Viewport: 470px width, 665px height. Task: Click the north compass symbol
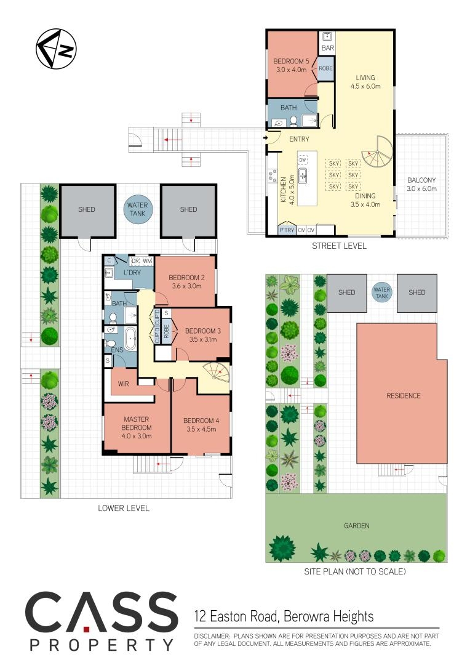(57, 49)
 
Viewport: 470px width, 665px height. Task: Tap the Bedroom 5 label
(291, 61)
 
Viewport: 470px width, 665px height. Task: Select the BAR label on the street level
(328, 48)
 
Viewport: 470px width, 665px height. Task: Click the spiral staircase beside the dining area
(376, 153)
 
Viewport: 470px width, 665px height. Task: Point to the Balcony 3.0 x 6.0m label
(421, 185)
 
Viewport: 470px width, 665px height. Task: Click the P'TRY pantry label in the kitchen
(287, 230)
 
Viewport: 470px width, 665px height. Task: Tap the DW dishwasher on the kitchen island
(303, 160)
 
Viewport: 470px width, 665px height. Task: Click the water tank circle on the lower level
(138, 209)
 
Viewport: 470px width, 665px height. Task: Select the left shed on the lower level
(87, 211)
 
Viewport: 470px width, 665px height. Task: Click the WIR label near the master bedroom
(123, 384)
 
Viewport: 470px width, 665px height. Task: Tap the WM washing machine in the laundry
(148, 261)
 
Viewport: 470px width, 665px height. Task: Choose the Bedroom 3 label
(203, 331)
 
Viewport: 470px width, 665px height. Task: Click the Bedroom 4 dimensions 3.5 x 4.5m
(201, 429)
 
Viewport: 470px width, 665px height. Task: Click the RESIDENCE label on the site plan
(404, 396)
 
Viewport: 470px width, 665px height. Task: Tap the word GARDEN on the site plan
(356, 525)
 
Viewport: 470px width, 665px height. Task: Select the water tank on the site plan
(382, 293)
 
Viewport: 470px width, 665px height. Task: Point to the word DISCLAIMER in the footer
(212, 636)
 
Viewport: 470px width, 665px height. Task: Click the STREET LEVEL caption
(339, 246)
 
